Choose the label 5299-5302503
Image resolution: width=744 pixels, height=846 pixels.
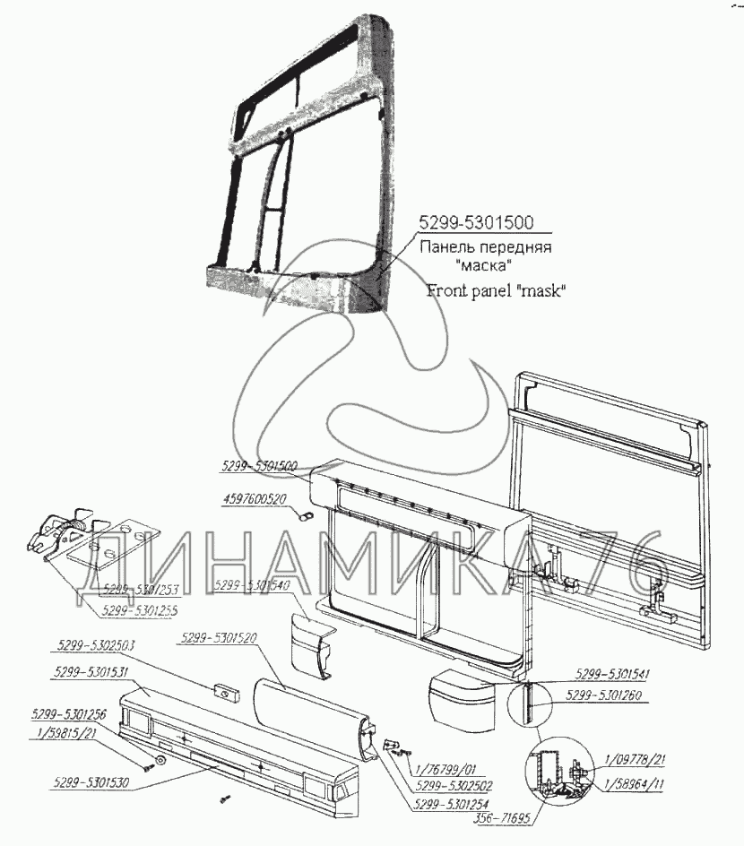tap(94, 645)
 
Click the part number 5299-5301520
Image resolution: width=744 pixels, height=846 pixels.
tap(219, 638)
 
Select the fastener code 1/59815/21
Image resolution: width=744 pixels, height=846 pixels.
tap(67, 733)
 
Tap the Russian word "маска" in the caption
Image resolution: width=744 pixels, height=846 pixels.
tap(482, 266)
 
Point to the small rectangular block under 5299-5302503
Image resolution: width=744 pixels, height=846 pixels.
tap(222, 691)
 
